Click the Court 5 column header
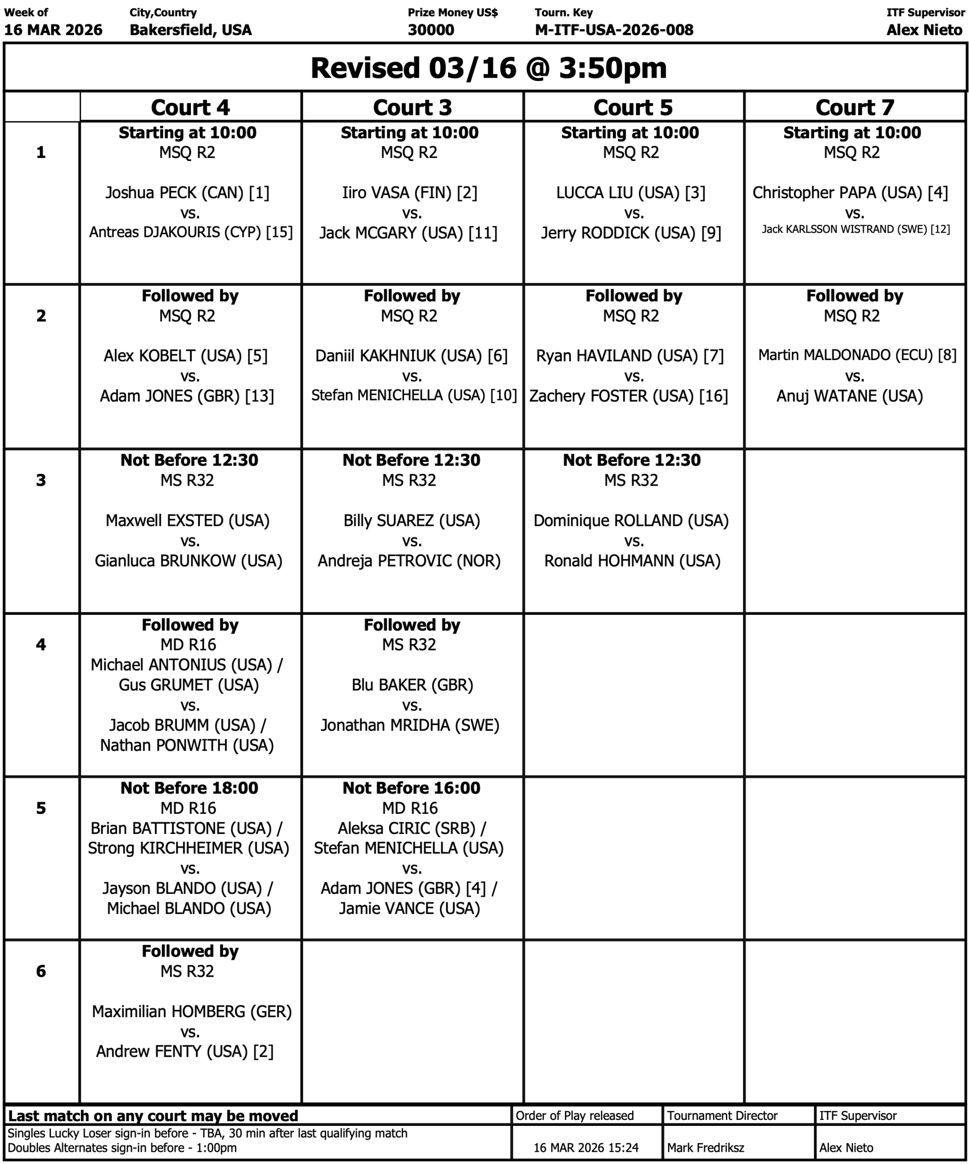(x=633, y=107)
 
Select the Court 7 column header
(x=854, y=107)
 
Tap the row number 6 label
(x=41, y=971)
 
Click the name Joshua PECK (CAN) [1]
(x=187, y=192)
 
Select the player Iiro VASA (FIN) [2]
(x=410, y=192)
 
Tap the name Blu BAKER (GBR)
(x=412, y=685)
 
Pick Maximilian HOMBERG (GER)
(x=192, y=1011)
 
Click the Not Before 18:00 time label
(x=189, y=788)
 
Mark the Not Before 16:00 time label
(x=411, y=788)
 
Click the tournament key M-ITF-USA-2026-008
(x=614, y=30)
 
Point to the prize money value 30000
(x=430, y=30)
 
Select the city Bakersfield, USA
(x=190, y=30)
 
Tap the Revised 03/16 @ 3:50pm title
(x=488, y=68)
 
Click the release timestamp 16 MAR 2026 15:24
(x=585, y=1147)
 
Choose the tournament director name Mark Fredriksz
(x=705, y=1147)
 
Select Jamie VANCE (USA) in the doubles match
(x=410, y=908)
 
